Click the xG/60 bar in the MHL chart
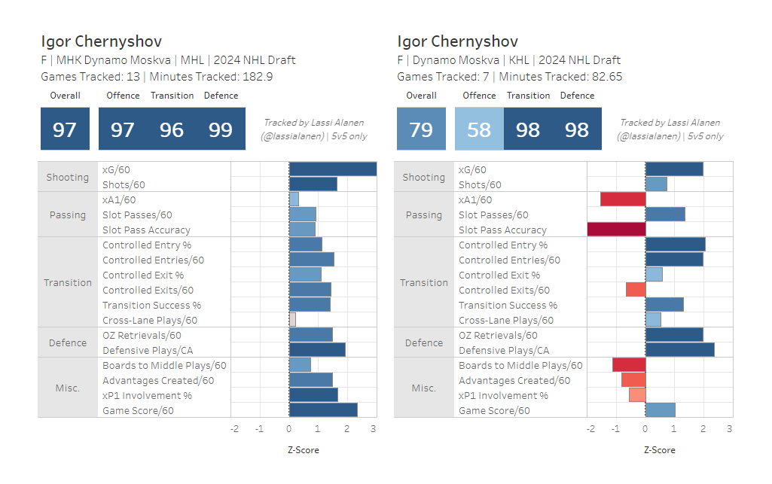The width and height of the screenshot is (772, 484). tap(333, 169)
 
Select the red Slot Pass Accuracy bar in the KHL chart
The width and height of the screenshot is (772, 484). tap(616, 230)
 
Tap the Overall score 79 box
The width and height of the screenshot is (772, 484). tap(421, 129)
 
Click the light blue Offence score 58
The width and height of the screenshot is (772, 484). tap(479, 129)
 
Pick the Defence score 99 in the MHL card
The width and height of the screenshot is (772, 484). tap(221, 129)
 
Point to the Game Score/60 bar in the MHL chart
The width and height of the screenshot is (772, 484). tap(323, 410)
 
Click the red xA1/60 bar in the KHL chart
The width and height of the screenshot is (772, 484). tap(623, 199)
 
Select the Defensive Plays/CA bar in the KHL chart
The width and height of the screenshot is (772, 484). tap(680, 350)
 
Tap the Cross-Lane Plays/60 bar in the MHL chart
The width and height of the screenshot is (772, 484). tap(292, 320)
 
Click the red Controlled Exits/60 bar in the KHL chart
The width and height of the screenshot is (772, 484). tap(636, 290)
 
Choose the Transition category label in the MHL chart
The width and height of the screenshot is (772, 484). tap(68, 282)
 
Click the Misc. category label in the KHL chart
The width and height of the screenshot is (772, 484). tap(424, 388)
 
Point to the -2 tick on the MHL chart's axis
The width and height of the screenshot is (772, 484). tap(234, 429)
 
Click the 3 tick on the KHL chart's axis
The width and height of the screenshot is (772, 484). tap(729, 429)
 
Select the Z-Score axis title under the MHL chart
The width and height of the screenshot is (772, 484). tap(304, 450)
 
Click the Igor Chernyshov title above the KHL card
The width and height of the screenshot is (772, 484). tap(457, 41)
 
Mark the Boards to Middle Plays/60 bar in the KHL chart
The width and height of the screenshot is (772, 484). tap(629, 365)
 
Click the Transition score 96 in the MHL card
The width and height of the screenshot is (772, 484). tap(172, 129)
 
